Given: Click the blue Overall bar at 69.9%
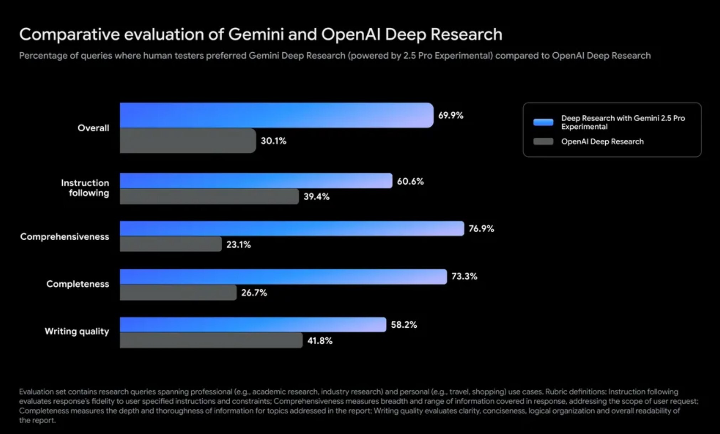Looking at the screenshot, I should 276,115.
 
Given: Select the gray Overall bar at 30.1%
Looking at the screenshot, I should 188,141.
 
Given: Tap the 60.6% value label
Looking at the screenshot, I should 410,181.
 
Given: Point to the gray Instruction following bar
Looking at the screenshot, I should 209,197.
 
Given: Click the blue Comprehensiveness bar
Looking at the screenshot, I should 292,228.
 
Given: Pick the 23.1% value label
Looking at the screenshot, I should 238,245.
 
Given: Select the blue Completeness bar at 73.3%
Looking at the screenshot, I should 283,277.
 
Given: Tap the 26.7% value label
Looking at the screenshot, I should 254,293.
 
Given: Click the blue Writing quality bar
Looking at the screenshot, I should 253,325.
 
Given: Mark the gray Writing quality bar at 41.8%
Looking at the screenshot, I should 211,341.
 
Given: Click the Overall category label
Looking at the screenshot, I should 93,128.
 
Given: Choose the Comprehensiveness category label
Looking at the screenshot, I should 64,237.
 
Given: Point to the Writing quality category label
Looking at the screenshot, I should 77,332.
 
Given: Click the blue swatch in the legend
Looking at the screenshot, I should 543,122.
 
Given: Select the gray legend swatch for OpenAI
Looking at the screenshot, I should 543,142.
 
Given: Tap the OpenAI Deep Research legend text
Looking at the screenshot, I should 602,142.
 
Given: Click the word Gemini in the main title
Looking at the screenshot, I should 256,35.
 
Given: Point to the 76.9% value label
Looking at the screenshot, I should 481,229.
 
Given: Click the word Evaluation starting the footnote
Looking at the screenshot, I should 36,392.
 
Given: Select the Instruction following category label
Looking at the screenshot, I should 85,188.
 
